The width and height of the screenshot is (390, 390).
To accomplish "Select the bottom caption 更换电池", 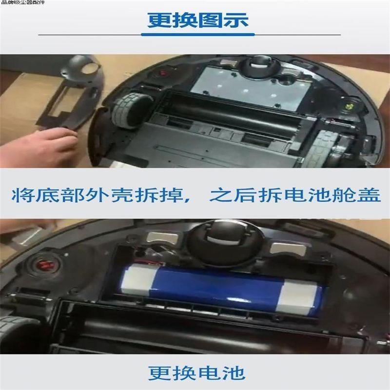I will (x=196, y=373).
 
